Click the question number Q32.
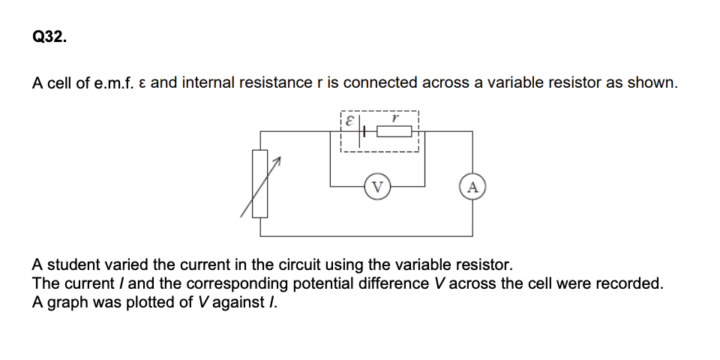pos(49,38)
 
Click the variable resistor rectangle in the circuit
pos(259,184)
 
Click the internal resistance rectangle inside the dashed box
pos(394,131)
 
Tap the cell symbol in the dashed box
pos(364,131)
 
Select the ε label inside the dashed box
pos(349,119)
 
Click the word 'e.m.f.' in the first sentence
pos(112,82)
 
